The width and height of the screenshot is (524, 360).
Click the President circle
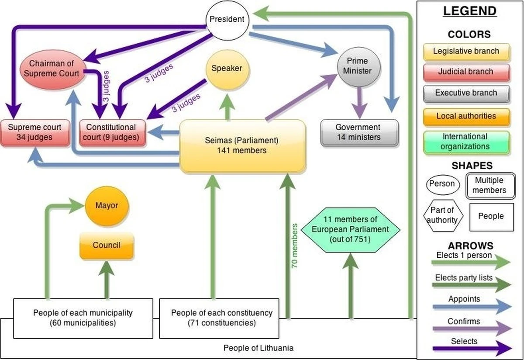(227, 20)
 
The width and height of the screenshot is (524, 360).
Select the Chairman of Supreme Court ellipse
(52, 69)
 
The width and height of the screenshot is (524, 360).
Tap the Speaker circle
(227, 68)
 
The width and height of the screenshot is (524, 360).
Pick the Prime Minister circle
(359, 66)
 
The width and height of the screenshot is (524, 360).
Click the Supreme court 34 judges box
(35, 132)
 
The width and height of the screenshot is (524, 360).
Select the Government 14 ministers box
(359, 132)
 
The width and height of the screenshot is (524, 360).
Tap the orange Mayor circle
(107, 205)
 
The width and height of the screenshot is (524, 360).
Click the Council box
(107, 246)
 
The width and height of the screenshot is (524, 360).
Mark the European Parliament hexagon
(350, 229)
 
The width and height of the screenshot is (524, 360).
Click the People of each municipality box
(83, 318)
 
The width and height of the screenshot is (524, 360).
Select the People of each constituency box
(219, 318)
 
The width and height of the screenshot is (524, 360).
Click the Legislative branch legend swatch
(466, 52)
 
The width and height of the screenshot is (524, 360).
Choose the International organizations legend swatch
(466, 142)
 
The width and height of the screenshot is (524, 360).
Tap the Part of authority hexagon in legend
(442, 215)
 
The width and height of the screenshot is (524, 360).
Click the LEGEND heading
(470, 11)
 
